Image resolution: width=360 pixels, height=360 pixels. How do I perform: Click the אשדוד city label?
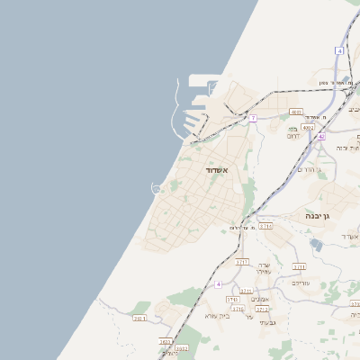click(x=217, y=169)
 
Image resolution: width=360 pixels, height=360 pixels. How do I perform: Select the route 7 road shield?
click(x=254, y=118)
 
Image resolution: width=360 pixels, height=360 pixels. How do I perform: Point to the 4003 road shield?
click(x=308, y=128)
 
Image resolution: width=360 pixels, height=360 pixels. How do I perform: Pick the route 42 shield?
click(x=320, y=136)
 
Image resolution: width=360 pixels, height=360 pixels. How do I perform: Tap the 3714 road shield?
click(x=265, y=226)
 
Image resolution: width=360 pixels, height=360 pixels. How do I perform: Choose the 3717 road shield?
click(x=242, y=262)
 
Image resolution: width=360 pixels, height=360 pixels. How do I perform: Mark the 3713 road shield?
click(x=300, y=266)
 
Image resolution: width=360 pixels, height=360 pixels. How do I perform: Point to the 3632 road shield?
click(x=165, y=342)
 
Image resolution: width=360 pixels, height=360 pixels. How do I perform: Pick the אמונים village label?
click(x=259, y=298)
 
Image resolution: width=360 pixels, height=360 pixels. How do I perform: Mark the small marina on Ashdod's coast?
click(x=157, y=188)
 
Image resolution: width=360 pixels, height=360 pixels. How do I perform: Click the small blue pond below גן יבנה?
click(x=318, y=242)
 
